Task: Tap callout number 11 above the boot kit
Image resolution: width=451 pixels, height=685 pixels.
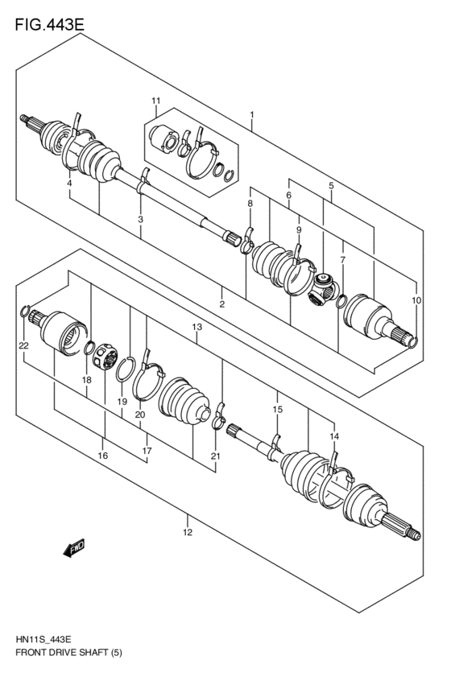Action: (156, 101)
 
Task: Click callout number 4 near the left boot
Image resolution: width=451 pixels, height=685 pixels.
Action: (70, 184)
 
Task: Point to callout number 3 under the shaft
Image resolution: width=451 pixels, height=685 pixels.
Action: (140, 219)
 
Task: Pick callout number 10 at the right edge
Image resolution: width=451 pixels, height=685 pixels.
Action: (416, 299)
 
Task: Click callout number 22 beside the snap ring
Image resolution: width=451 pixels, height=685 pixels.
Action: (23, 345)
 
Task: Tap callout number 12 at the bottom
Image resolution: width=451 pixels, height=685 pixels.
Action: (187, 532)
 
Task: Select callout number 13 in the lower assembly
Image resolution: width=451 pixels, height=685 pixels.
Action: (196, 327)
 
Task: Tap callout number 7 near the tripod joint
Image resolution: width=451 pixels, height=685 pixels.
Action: (342, 260)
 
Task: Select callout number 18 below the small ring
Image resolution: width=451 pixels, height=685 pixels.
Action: (86, 378)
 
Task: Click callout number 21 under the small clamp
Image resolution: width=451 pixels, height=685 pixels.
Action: (214, 456)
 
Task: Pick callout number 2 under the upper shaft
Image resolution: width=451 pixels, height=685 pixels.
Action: (221, 303)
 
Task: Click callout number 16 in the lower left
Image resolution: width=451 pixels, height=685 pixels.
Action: (103, 456)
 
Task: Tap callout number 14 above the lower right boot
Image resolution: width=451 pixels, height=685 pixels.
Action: (333, 435)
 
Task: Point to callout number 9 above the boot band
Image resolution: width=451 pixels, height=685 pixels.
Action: (298, 229)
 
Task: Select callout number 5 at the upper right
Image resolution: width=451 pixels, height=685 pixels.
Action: (330, 186)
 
